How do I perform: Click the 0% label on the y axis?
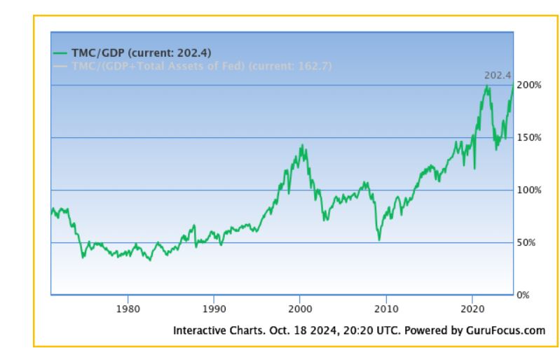coord(523,295)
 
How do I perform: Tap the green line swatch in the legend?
coord(60,53)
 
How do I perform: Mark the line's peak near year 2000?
coord(302,145)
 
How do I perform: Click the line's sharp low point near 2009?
coord(379,240)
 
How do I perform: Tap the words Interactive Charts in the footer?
coord(211,331)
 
